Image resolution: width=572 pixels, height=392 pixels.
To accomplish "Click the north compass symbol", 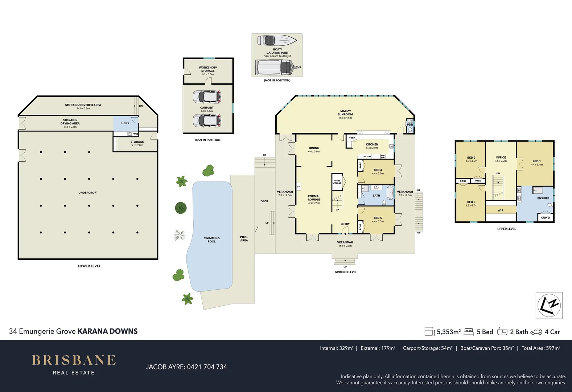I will point(549,305).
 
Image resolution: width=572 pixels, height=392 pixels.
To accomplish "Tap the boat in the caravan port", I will point(276,40).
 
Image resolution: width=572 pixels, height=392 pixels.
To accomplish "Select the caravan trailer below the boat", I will point(277,68).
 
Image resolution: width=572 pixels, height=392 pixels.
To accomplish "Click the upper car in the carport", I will point(207,97).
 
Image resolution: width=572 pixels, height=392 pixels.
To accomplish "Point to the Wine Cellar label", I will point(337,182).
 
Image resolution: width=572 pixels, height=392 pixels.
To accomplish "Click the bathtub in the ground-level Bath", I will point(390,193).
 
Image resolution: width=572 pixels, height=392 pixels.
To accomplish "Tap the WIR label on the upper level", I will point(500,211).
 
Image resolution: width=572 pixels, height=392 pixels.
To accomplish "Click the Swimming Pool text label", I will point(211,240).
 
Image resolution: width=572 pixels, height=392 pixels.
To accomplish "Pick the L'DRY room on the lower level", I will point(125,123).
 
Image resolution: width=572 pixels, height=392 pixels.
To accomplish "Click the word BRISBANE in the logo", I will point(74,360).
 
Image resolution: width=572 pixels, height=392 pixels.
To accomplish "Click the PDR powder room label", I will point(410,124).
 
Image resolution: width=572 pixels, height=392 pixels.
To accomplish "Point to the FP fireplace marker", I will point(299,187).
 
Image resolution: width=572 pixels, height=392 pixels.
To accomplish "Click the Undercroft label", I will point(88,193).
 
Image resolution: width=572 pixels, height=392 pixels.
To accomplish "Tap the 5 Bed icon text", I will point(485,332).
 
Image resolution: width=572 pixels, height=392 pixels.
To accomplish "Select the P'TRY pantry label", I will point(352,138).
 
